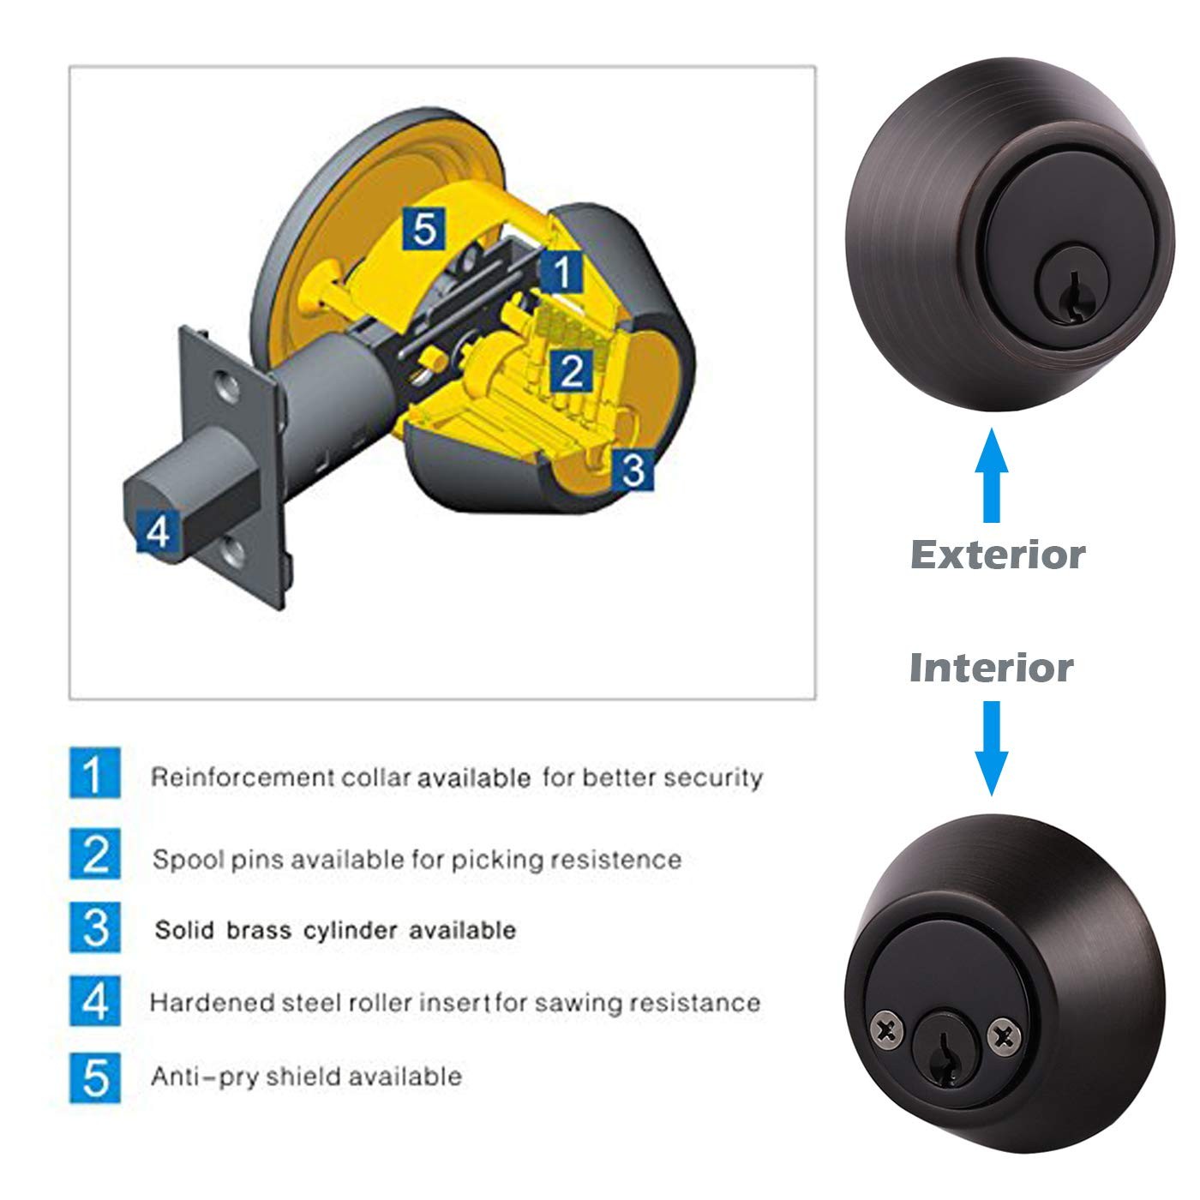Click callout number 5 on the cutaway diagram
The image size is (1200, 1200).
pyautogui.click(x=424, y=229)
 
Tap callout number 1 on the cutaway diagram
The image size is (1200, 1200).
pyautogui.click(x=561, y=272)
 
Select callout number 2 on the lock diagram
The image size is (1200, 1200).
pyautogui.click(x=571, y=371)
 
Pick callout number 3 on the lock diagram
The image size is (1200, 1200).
pyautogui.click(x=633, y=471)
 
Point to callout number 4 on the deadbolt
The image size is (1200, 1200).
pyautogui.click(x=158, y=531)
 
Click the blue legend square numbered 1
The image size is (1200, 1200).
pyautogui.click(x=94, y=772)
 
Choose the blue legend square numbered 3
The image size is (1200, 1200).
pyautogui.click(x=94, y=927)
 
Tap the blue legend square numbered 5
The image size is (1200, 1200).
pyautogui.click(x=94, y=1078)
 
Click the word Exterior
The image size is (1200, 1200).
pyautogui.click(x=998, y=555)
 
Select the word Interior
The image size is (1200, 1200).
pyautogui.click(x=992, y=669)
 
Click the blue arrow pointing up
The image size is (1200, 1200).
pyautogui.click(x=992, y=475)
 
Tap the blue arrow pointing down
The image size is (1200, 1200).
pyautogui.click(x=992, y=748)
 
